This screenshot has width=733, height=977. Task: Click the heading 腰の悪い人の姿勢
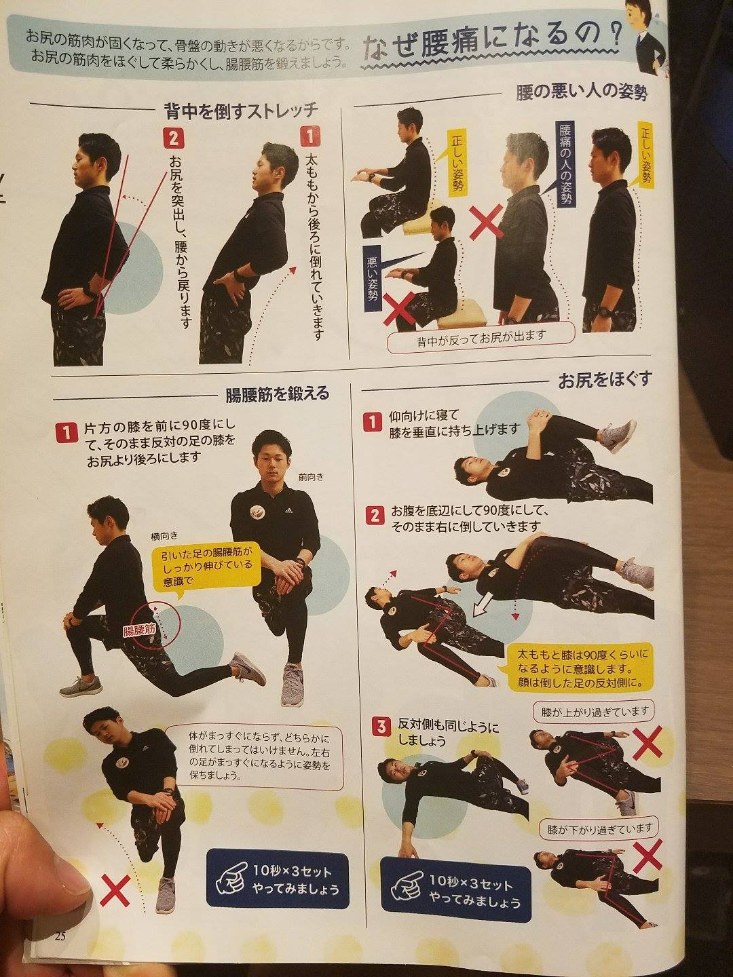pos(581,92)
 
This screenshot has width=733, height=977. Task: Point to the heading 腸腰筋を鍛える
pos(277,394)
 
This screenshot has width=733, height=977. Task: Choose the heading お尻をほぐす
pos(605,379)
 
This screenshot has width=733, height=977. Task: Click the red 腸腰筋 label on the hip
pos(139,631)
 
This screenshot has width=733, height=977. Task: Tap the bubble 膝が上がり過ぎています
pos(595,712)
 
